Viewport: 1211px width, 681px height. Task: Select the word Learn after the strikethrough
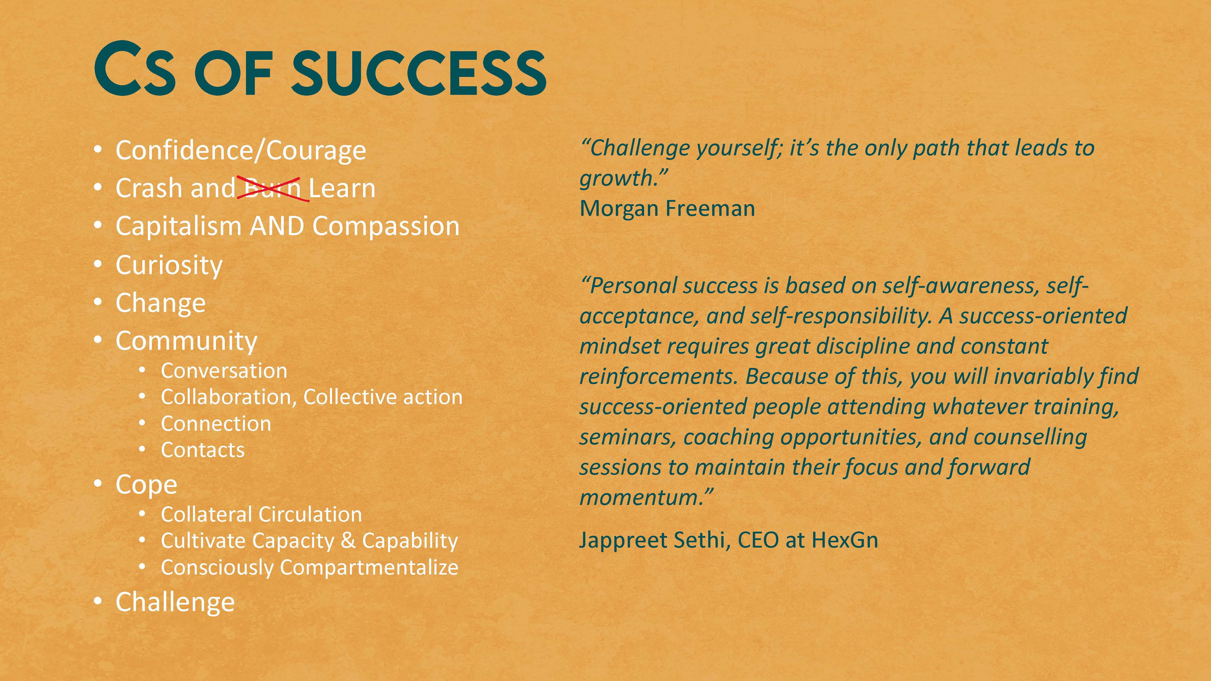[x=342, y=188]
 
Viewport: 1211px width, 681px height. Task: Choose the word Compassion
[x=386, y=226]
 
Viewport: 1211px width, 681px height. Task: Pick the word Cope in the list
[x=146, y=485]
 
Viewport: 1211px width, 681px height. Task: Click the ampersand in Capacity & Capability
[x=348, y=541]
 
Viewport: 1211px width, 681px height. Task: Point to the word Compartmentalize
[x=369, y=567]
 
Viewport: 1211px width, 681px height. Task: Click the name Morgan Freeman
[x=667, y=208]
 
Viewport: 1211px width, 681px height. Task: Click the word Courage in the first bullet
[x=316, y=150]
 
